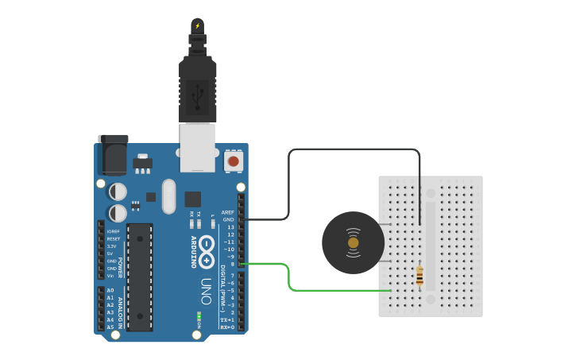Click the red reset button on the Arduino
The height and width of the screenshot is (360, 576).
pyautogui.click(x=233, y=161)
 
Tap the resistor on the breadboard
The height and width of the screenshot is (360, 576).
pyautogui.click(x=419, y=276)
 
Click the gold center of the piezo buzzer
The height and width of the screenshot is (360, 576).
pyautogui.click(x=353, y=242)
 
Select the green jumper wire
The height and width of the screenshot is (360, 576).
pyautogui.click(x=288, y=274)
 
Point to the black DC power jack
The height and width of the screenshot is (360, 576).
pyautogui.click(x=113, y=154)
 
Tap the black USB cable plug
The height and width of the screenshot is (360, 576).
pyautogui.click(x=198, y=87)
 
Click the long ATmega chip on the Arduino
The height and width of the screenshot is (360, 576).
pyautogui.click(x=140, y=277)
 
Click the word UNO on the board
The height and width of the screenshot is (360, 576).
pyautogui.click(x=205, y=285)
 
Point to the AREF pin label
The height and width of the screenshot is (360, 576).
pyautogui.click(x=227, y=212)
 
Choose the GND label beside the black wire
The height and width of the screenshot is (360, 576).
pyautogui.click(x=229, y=219)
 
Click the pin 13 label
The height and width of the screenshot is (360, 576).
pyautogui.click(x=230, y=227)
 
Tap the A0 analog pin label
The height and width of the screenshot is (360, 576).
pyautogui.click(x=110, y=290)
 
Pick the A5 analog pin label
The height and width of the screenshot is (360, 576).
pyautogui.click(x=110, y=327)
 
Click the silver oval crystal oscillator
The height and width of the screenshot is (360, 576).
pyautogui.click(x=168, y=196)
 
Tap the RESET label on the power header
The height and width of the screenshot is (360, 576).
pyautogui.click(x=114, y=238)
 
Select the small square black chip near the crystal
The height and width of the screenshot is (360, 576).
pyautogui.click(x=192, y=199)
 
